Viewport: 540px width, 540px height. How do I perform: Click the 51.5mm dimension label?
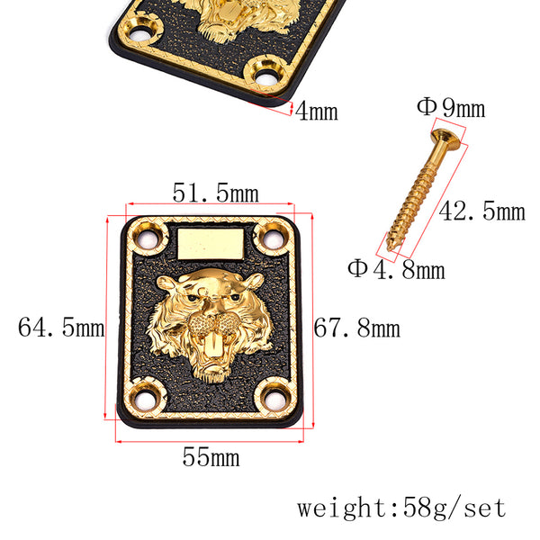pyautogui.click(x=215, y=193)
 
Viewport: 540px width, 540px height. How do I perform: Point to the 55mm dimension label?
pyautogui.click(x=211, y=457)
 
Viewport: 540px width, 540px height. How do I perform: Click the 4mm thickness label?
pyautogui.click(x=317, y=112)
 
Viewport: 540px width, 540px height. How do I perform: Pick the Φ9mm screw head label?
pyautogui.click(x=450, y=109)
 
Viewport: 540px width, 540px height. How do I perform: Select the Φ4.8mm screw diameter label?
pyautogui.click(x=396, y=268)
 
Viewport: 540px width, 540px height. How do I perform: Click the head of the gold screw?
pyautogui.click(x=447, y=138)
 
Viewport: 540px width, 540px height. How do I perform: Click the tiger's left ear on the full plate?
pyautogui.click(x=169, y=286)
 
